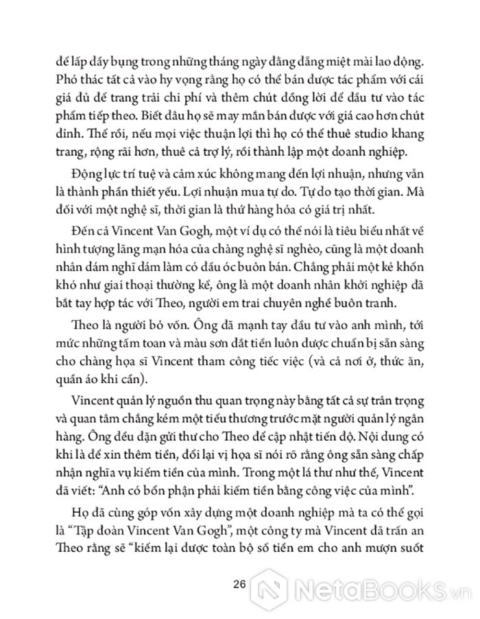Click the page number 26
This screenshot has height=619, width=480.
point(239,585)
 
